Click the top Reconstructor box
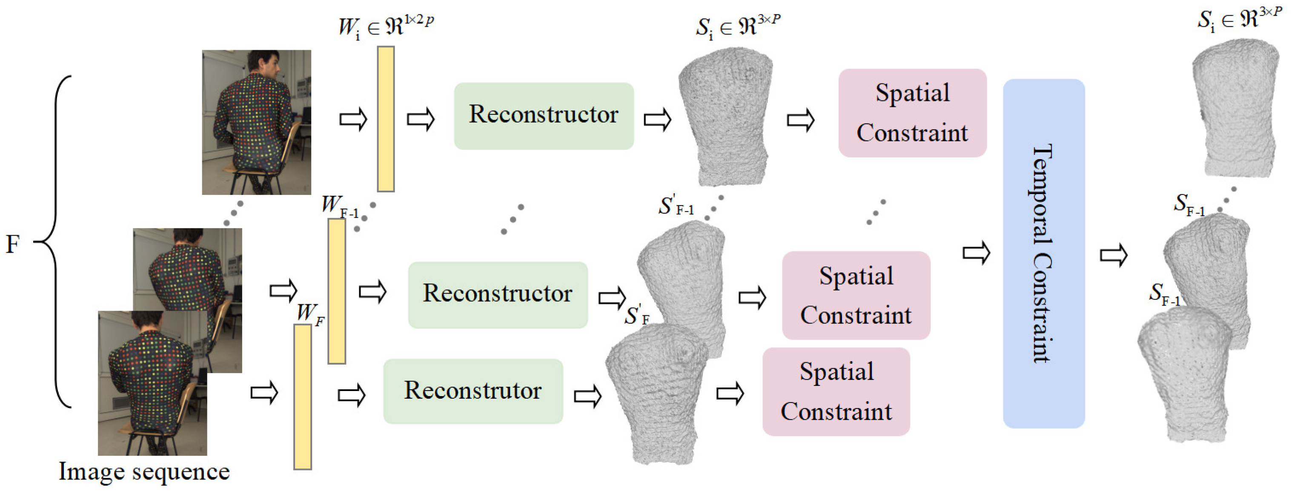(x=543, y=116)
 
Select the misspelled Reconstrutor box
(x=473, y=391)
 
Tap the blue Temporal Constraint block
(x=1043, y=253)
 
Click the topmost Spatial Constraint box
(x=912, y=113)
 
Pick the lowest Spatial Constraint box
(x=836, y=391)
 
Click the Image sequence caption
(x=144, y=471)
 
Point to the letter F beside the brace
(x=13, y=244)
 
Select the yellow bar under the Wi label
(x=385, y=119)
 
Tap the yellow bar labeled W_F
(x=303, y=397)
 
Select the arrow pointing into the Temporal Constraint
(x=976, y=252)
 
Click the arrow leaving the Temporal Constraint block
(x=1113, y=254)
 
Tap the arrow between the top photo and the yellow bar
(x=353, y=119)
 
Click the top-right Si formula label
(x=1239, y=19)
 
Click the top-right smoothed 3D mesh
(x=1234, y=109)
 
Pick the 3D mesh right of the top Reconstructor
(x=726, y=116)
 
